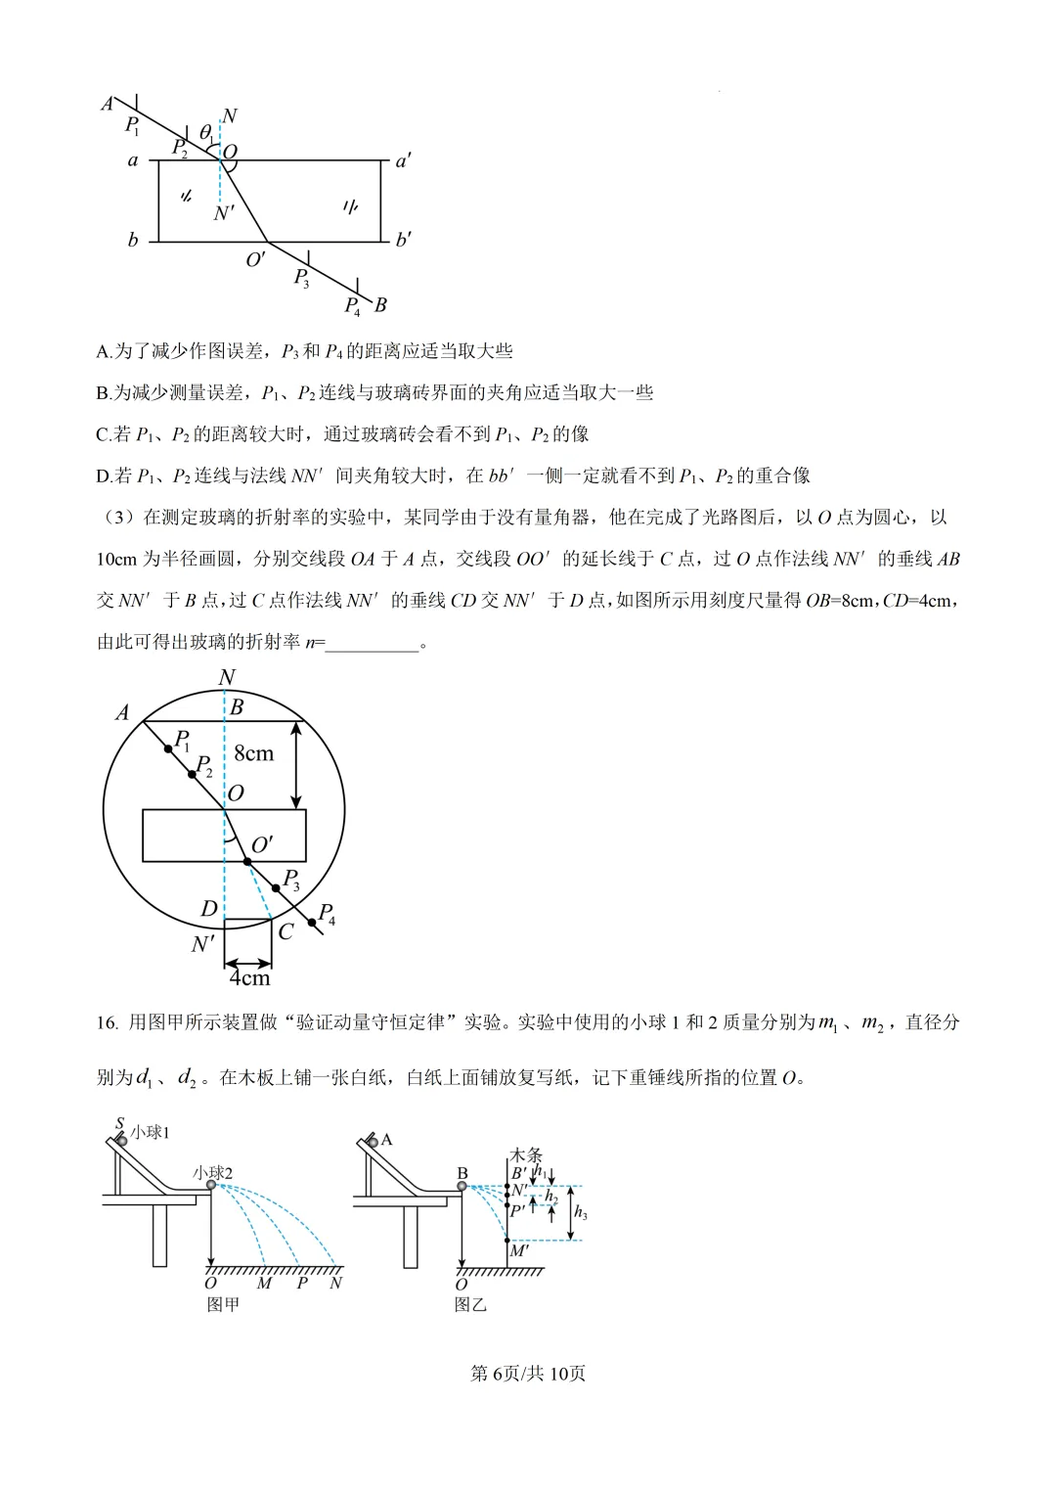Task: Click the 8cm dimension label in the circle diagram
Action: pos(253,753)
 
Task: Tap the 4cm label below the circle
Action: pos(249,977)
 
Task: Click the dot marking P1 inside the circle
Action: pos(169,749)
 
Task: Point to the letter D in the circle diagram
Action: pos(208,909)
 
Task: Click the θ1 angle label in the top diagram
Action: pos(206,132)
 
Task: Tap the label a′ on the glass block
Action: pos(403,160)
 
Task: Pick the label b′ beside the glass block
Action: pos(403,240)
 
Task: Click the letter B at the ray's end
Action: pos(380,305)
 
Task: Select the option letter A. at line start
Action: pos(105,351)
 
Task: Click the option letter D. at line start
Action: pos(105,476)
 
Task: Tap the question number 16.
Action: pos(107,1023)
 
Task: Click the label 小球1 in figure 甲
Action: pos(151,1132)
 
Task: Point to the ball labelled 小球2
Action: pos(211,1185)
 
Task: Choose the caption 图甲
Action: pos(223,1304)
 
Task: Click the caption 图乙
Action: pos(470,1304)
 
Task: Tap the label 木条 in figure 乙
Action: pos(526,1155)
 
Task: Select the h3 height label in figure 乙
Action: pos(580,1213)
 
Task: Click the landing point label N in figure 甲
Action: pos(336,1283)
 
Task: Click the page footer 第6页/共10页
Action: pos(528,1374)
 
